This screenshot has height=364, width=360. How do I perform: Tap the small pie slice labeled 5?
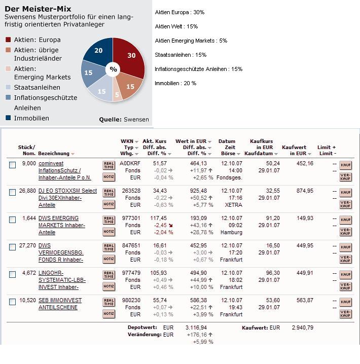tap(117, 94)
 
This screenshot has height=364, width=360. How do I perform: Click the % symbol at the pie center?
tap(113, 69)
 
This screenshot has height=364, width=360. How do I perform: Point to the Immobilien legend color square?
tap(8, 118)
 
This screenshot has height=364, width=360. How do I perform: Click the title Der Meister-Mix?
tap(38, 9)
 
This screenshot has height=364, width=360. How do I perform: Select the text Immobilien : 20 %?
tap(175, 83)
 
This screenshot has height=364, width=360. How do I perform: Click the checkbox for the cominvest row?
tap(13, 165)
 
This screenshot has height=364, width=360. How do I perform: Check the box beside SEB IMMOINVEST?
tap(13, 302)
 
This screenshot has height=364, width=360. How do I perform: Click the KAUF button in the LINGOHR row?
tap(345, 274)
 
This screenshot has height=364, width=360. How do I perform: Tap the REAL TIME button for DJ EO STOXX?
tap(109, 193)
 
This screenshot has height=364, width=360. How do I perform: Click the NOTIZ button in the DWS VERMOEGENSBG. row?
tap(109, 259)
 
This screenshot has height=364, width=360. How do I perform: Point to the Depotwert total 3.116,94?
tap(196, 327)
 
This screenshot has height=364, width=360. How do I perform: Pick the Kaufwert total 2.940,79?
tap(303, 327)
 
